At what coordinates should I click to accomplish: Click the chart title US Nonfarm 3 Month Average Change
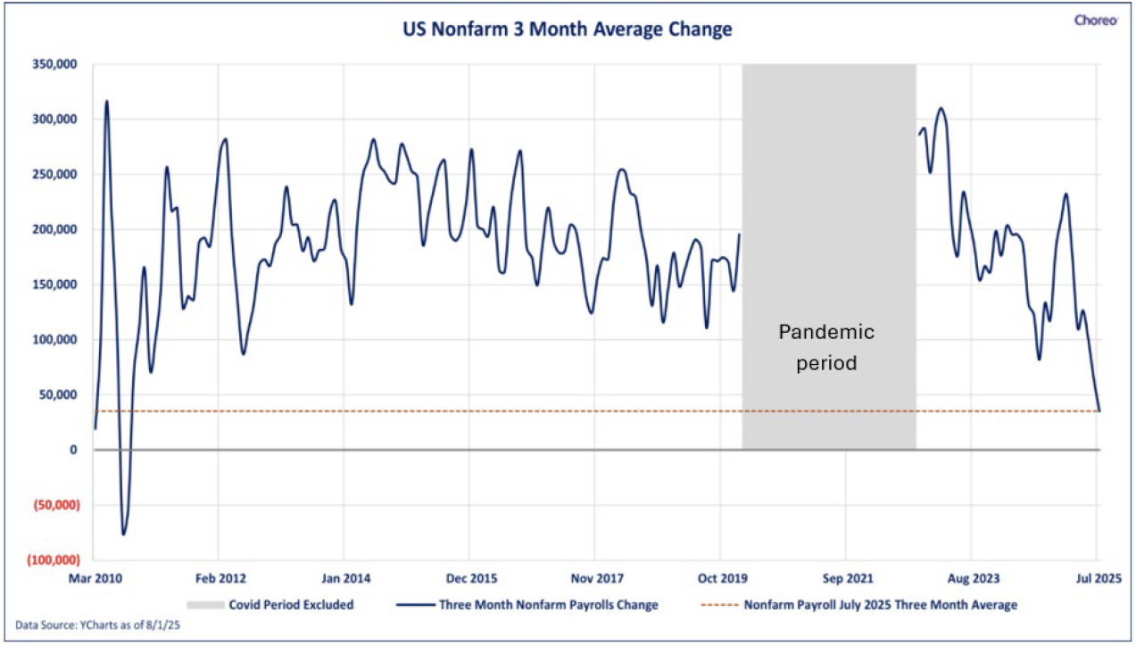click(x=568, y=29)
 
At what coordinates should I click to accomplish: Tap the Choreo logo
click(x=1096, y=21)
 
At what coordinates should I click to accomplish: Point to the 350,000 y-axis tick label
click(x=54, y=64)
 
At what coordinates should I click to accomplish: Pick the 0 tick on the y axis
click(x=73, y=450)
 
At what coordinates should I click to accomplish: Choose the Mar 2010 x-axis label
click(x=95, y=578)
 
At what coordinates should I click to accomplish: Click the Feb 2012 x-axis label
click(x=220, y=578)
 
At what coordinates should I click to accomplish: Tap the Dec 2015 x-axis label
click(x=472, y=578)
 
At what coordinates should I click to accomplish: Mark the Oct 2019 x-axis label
click(x=723, y=578)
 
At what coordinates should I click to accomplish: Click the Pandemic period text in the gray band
click(x=826, y=347)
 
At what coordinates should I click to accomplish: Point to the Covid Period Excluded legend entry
click(x=269, y=605)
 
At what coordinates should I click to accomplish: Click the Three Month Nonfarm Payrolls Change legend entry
click(x=527, y=605)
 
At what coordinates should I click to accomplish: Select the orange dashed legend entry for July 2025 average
click(x=859, y=605)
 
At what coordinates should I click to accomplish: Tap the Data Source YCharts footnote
click(x=97, y=625)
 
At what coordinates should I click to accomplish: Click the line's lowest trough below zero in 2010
click(x=123, y=534)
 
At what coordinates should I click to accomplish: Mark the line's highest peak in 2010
click(x=106, y=101)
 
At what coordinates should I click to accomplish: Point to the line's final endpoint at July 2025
click(x=1099, y=410)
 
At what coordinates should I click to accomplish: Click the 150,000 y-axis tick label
click(x=54, y=284)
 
